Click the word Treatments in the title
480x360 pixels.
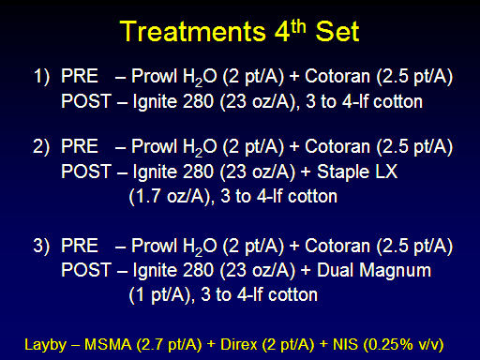pyautogui.click(x=193, y=32)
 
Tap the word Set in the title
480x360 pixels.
pyautogui.click(x=337, y=32)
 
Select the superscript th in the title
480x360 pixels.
pyautogui.click(x=298, y=26)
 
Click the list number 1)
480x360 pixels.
pyautogui.click(x=41, y=77)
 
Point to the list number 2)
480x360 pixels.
pyautogui.click(x=41, y=147)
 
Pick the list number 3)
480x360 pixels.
pyautogui.click(x=41, y=246)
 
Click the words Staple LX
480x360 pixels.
pyautogui.click(x=357, y=172)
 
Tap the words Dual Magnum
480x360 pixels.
pyautogui.click(x=374, y=270)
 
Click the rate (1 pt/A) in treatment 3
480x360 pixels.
pyautogui.click(x=160, y=295)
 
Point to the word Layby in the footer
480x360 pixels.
pyautogui.click(x=46, y=345)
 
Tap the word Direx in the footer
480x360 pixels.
pyautogui.click(x=239, y=344)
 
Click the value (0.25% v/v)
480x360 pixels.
pyautogui.click(x=403, y=345)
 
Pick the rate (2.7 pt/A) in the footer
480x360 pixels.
pyautogui.click(x=169, y=345)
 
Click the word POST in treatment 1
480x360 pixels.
pyautogui.click(x=86, y=101)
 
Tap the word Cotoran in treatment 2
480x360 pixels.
pyautogui.click(x=337, y=146)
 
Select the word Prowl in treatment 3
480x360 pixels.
pyautogui.click(x=155, y=246)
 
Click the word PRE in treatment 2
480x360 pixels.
pyautogui.click(x=80, y=146)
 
